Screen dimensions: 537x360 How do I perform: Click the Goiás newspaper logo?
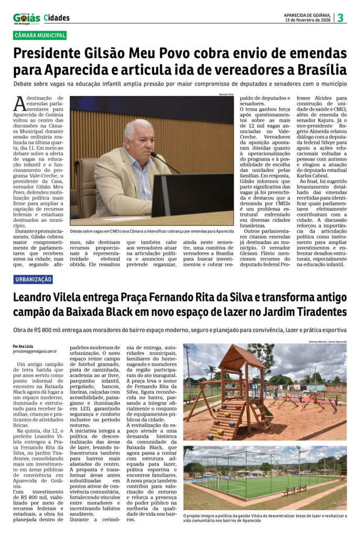point(26,18)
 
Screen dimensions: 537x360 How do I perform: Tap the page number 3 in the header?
point(340,18)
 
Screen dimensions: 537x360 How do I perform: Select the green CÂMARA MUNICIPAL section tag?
point(40,36)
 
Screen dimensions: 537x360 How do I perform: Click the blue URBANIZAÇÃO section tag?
point(34,280)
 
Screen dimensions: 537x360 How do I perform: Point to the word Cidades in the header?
point(57,18)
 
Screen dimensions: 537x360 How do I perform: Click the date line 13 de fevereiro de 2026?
point(307,20)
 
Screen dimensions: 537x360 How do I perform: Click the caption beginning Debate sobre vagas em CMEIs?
point(152,231)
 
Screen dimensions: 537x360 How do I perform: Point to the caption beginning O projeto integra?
point(264,519)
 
